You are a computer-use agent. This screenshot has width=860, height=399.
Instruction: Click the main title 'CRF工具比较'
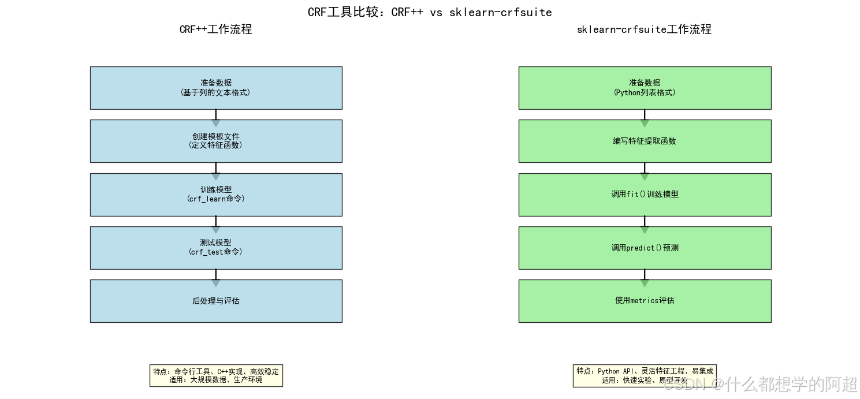(x=430, y=12)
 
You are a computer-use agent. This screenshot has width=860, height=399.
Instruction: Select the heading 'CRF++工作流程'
(x=215, y=29)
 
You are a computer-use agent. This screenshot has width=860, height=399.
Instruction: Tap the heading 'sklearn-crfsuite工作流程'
(x=644, y=29)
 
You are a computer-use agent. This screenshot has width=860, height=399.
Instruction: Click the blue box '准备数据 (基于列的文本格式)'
(x=215, y=88)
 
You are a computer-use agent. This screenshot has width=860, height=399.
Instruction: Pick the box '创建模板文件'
(x=215, y=141)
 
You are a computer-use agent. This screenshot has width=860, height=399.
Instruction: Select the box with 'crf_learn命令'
(x=215, y=195)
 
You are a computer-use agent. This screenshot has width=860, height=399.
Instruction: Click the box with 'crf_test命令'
(x=215, y=248)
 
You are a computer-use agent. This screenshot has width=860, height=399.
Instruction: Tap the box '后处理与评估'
(x=215, y=301)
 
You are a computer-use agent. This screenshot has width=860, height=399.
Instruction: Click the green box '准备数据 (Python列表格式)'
(x=645, y=88)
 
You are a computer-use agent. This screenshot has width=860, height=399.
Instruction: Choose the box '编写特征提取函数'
(x=645, y=141)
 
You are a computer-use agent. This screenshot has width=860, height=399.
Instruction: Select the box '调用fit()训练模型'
(x=645, y=195)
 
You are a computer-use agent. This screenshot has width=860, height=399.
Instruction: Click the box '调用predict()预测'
(x=645, y=248)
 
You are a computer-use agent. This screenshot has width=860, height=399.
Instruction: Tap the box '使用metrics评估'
(x=645, y=301)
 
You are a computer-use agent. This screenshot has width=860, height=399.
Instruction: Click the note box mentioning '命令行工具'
(x=215, y=375)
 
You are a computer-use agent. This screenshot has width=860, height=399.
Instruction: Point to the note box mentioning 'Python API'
(x=645, y=375)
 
